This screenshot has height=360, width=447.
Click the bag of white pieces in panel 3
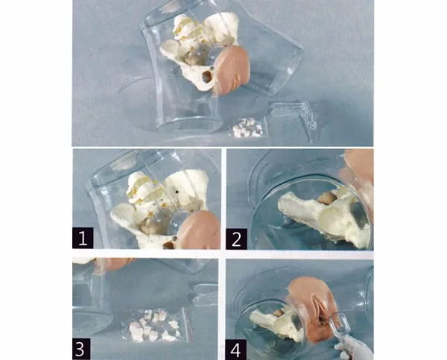coord(153,325)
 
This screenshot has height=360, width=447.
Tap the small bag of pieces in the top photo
coord(247,127)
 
